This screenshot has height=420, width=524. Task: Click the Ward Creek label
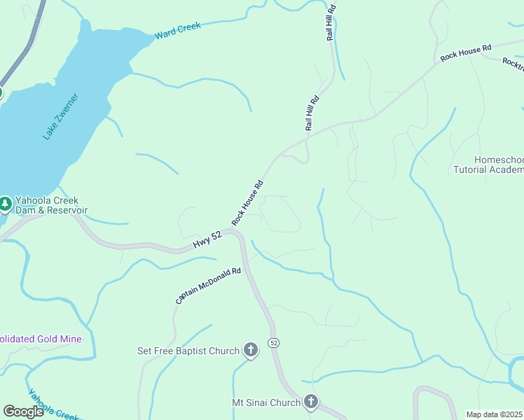[x=177, y=30]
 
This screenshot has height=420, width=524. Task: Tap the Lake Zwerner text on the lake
[x=61, y=116]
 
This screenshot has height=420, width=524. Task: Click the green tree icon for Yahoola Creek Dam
[x=5, y=204]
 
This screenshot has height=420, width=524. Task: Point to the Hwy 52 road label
[x=207, y=240]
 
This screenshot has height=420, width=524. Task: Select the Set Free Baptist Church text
[x=188, y=350]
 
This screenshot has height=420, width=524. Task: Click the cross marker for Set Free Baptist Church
[x=251, y=350]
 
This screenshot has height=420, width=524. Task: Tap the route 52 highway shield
[x=273, y=343]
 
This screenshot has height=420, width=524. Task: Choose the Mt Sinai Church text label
[x=266, y=402]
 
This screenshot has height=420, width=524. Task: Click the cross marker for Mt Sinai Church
[x=311, y=402]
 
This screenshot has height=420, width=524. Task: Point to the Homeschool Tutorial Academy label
[x=489, y=164]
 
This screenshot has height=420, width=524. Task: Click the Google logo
[x=23, y=411]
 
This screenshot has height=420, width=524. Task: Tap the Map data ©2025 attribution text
[x=495, y=414]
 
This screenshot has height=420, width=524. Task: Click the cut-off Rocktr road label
[x=513, y=63]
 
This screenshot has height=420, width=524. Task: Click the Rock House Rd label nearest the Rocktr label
[x=466, y=52]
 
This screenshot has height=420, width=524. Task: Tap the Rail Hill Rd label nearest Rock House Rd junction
[x=312, y=113]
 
